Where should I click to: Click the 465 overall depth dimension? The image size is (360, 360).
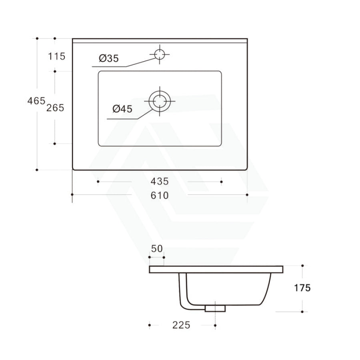click(36, 101)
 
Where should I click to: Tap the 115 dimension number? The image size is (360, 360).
click(56, 56)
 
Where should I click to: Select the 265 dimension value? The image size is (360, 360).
click(55, 108)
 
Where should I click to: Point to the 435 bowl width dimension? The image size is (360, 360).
click(160, 181)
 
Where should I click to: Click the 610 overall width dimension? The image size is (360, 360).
click(160, 195)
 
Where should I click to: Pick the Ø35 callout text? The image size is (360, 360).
click(109, 58)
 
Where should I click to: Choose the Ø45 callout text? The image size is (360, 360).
click(122, 108)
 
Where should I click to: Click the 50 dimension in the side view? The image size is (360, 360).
click(157, 248)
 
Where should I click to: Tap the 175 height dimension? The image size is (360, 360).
click(302, 288)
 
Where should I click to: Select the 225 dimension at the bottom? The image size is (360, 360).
click(181, 325)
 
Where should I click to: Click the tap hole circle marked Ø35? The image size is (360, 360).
click(160, 54)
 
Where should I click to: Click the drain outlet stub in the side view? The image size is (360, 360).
click(215, 308)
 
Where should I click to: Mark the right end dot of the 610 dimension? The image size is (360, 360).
click(247, 195)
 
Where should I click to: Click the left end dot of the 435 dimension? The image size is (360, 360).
click(98, 182)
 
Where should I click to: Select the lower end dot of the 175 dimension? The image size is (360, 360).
click(302, 311)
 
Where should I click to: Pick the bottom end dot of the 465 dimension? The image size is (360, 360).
click(37, 170)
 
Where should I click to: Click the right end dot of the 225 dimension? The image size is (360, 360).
click(215, 326)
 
